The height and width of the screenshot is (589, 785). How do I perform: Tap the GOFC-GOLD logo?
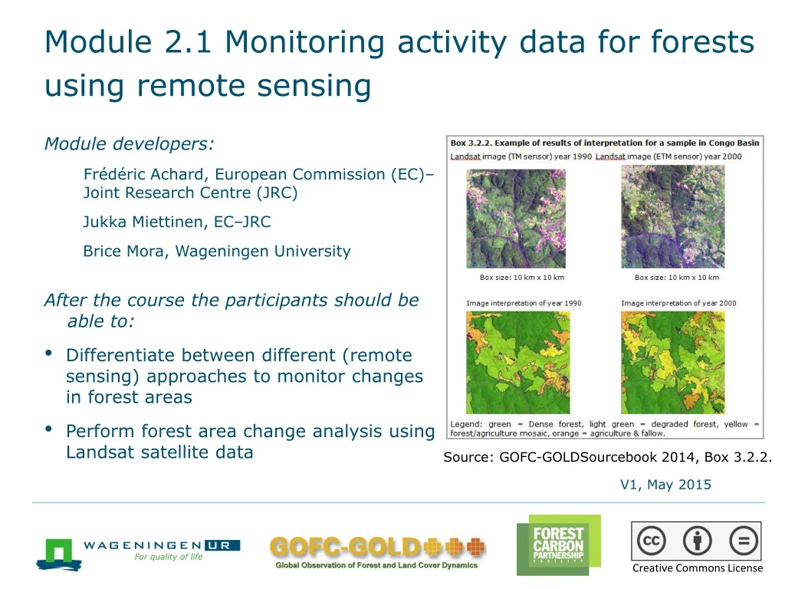pos(377,551)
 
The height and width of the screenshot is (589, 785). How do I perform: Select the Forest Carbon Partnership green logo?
pos(558,545)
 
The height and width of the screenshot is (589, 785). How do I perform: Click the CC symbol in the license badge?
pos(652,541)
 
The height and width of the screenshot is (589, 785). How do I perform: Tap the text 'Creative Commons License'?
pos(697,568)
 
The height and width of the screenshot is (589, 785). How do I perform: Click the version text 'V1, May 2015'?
pos(665,485)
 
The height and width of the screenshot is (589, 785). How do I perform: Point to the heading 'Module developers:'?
pos(129,144)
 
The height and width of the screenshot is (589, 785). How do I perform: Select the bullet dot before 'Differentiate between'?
pos(49,354)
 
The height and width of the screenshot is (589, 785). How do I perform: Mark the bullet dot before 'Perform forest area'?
pos(49,429)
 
